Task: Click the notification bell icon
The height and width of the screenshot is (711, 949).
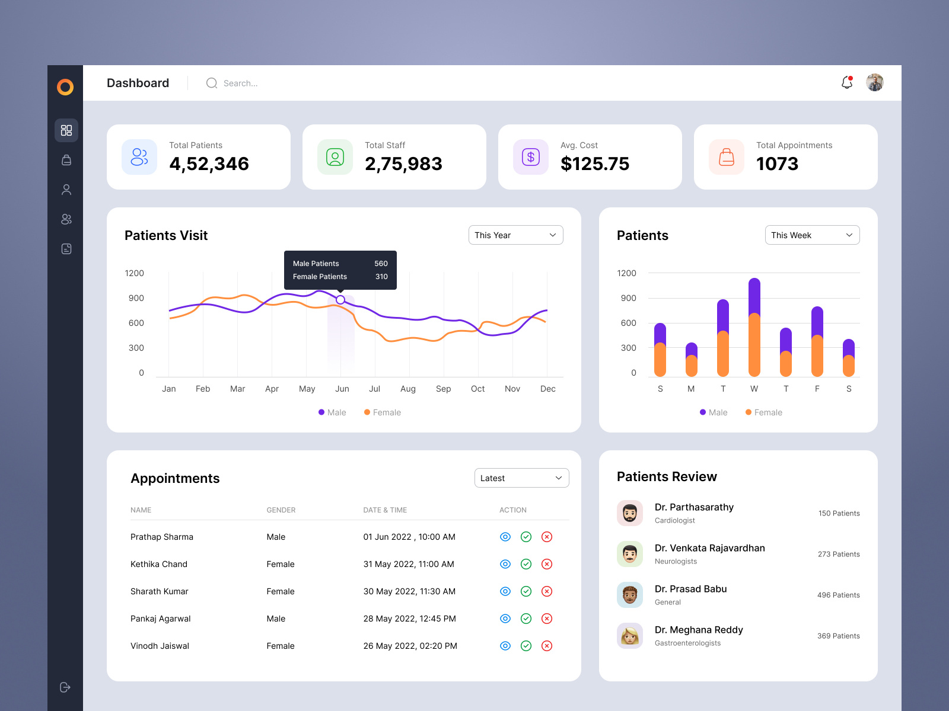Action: (847, 83)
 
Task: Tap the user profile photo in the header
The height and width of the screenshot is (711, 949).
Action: (875, 83)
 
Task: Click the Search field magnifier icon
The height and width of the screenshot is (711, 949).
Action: (212, 83)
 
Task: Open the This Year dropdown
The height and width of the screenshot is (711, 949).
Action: (515, 235)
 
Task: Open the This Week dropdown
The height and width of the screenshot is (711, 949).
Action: (812, 235)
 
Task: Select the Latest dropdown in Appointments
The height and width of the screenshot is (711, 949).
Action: (521, 478)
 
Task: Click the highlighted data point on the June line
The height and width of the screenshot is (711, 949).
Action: (340, 300)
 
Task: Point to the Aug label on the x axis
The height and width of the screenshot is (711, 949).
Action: (408, 389)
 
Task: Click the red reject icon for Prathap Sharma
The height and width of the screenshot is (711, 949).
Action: (547, 537)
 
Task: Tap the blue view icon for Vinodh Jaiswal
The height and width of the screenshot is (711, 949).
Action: (505, 646)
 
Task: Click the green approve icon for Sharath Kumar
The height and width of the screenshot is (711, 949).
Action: (526, 591)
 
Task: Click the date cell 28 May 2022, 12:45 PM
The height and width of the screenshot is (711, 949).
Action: (409, 619)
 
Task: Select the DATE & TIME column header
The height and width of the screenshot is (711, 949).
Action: (385, 510)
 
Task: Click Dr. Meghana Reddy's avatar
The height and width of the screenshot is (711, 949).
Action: (630, 636)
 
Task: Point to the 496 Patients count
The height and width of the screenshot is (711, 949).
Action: (838, 595)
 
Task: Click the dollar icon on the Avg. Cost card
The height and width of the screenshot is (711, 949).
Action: (531, 157)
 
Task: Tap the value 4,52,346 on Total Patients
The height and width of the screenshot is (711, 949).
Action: (209, 164)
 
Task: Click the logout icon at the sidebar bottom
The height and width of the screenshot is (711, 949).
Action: (65, 687)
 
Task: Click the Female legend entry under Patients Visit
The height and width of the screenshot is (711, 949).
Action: (383, 412)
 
